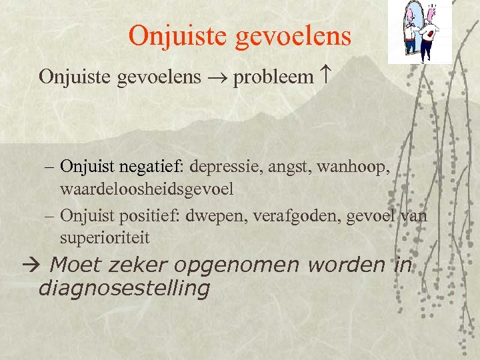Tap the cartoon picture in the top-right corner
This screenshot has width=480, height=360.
[x=420, y=31]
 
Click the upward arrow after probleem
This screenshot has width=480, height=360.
[x=325, y=77]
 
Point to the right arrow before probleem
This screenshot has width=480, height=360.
[x=217, y=78]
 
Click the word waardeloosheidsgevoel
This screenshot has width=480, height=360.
[x=147, y=189]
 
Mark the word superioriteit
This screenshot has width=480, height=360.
[x=105, y=237]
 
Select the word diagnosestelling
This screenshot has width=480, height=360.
[x=124, y=289]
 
